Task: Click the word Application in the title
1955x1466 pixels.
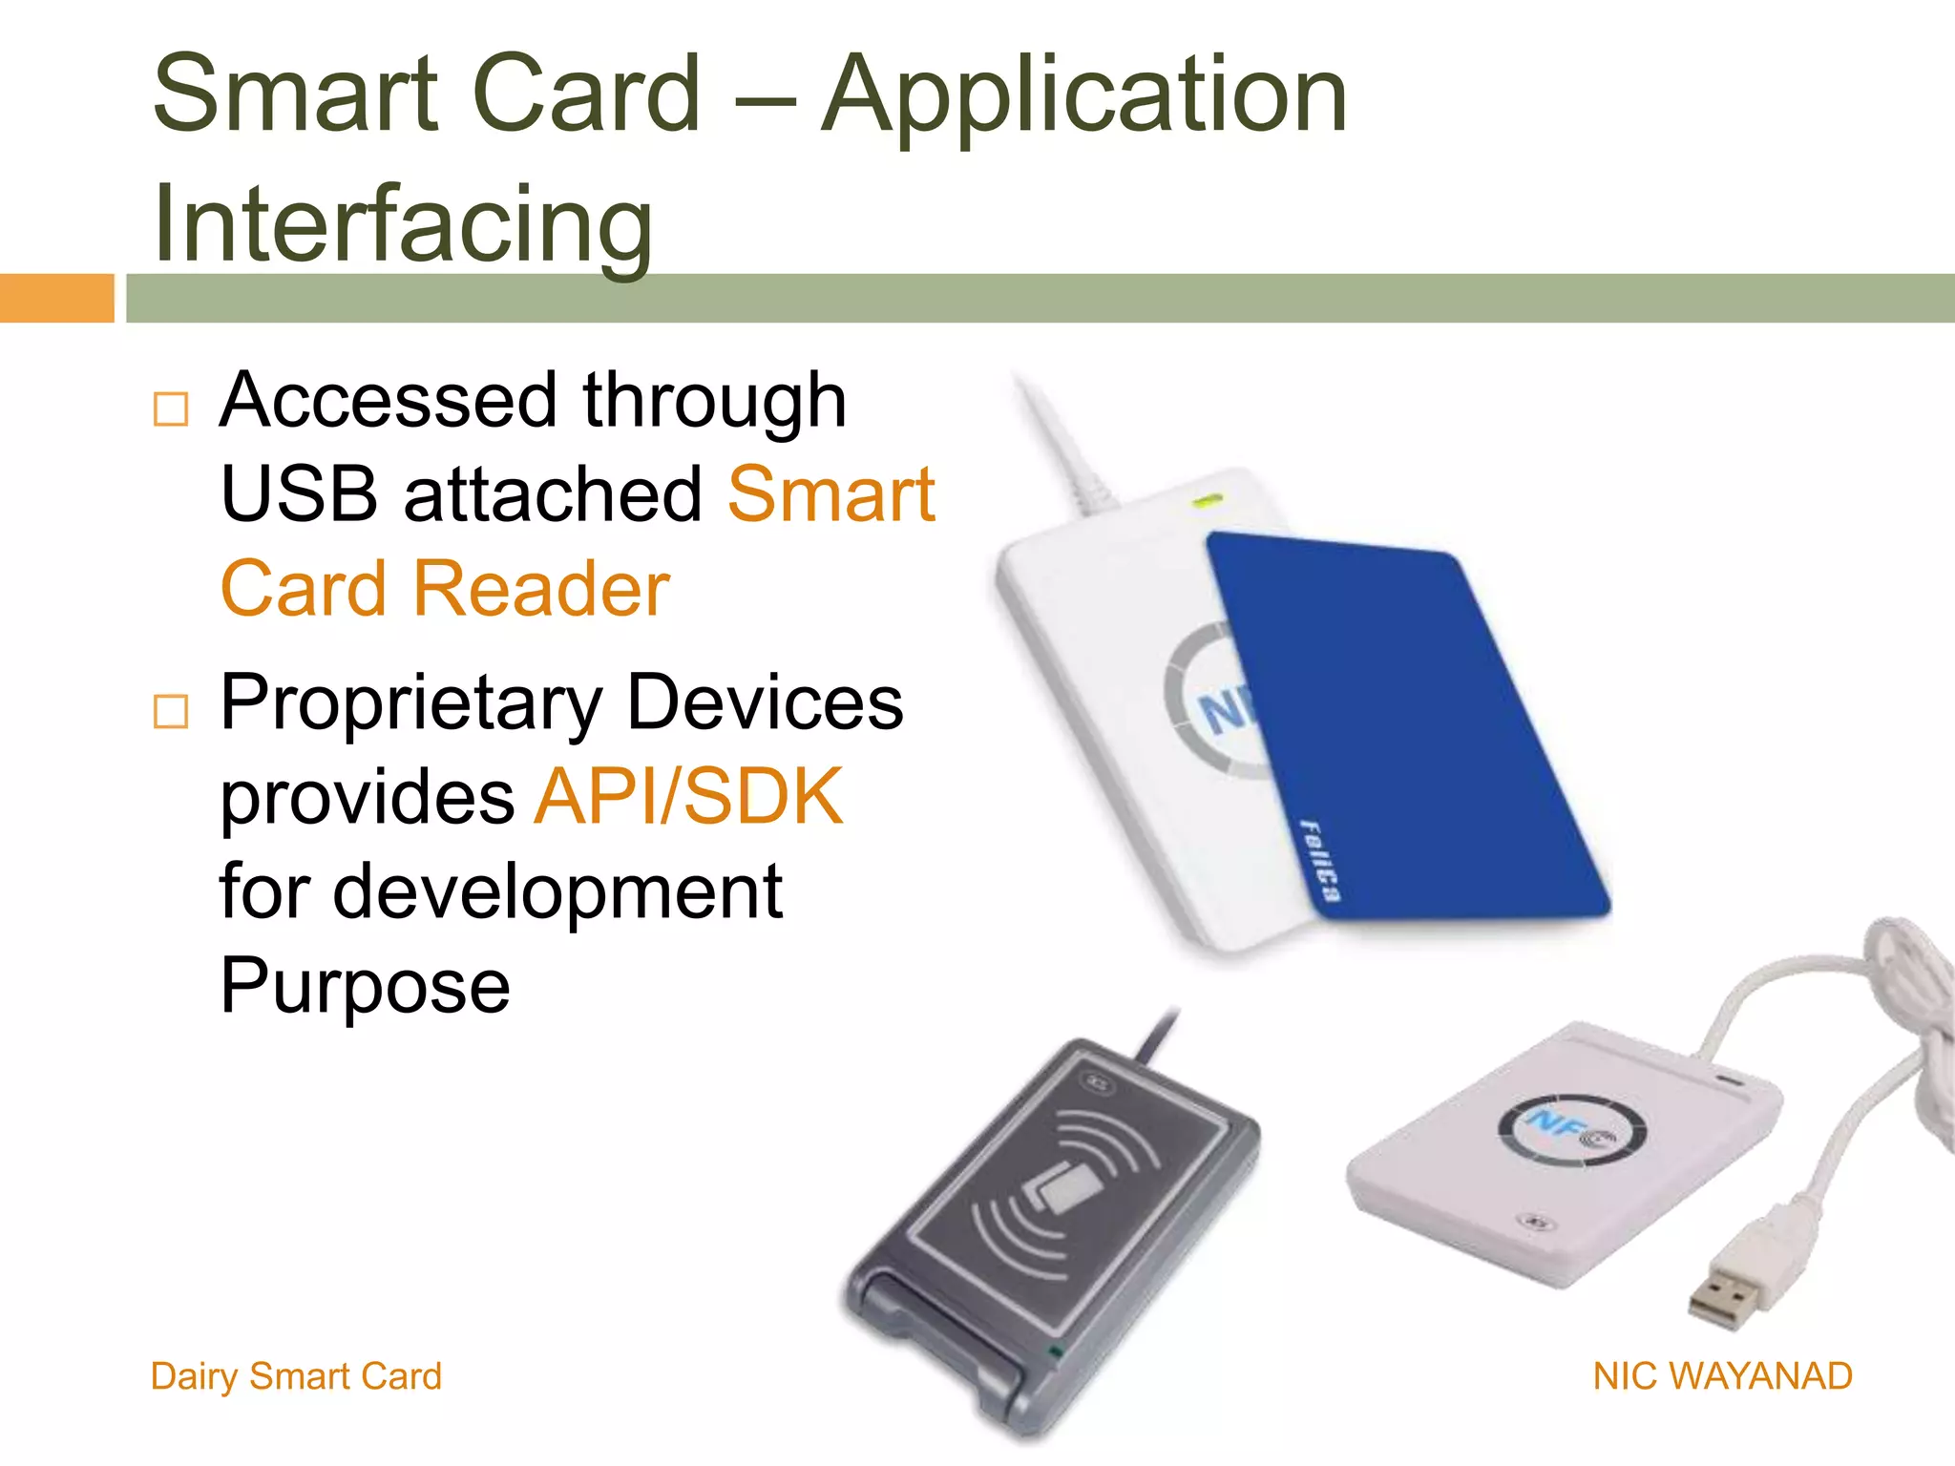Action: [x=1083, y=95]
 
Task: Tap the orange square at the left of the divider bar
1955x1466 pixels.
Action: [x=56, y=298]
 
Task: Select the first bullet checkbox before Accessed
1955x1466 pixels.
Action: [x=171, y=409]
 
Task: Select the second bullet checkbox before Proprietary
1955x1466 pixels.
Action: [x=171, y=711]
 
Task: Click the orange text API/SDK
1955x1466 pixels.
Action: [x=689, y=796]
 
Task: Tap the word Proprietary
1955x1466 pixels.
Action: [x=411, y=702]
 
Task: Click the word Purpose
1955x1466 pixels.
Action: [x=365, y=985]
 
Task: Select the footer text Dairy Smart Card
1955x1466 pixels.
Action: [x=296, y=1376]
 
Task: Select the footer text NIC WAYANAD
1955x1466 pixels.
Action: [x=1722, y=1376]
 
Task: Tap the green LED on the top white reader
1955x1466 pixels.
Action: [x=1208, y=499]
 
